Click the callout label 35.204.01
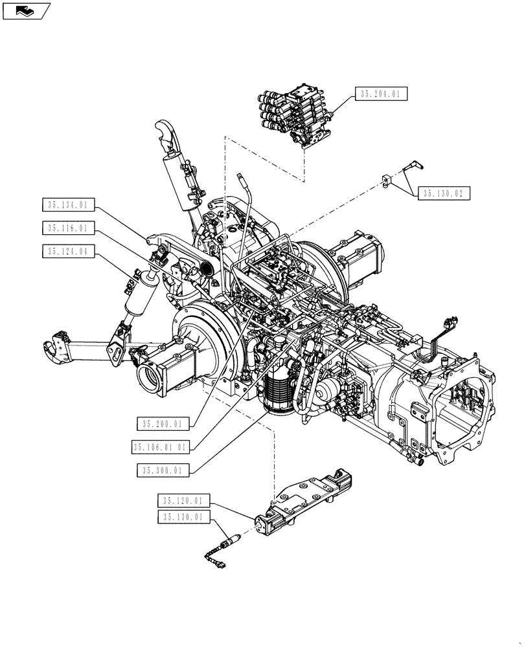[381, 94]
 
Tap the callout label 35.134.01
[67, 205]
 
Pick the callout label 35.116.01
[67, 228]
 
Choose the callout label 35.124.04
[67, 252]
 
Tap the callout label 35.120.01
[183, 501]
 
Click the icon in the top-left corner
[25, 10]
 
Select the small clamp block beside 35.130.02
[387, 181]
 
